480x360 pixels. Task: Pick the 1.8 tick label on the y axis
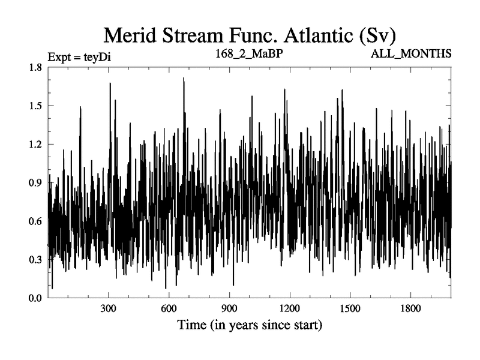click(x=34, y=67)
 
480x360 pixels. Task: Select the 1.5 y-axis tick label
click(x=34, y=106)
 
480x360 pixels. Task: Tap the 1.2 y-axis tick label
click(x=34, y=144)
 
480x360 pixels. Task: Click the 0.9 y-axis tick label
click(x=34, y=182)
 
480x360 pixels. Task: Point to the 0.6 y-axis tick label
click(x=34, y=221)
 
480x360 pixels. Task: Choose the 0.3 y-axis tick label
click(x=34, y=259)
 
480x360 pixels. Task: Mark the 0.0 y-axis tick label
click(x=34, y=298)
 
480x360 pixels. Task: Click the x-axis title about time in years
click(x=250, y=327)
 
